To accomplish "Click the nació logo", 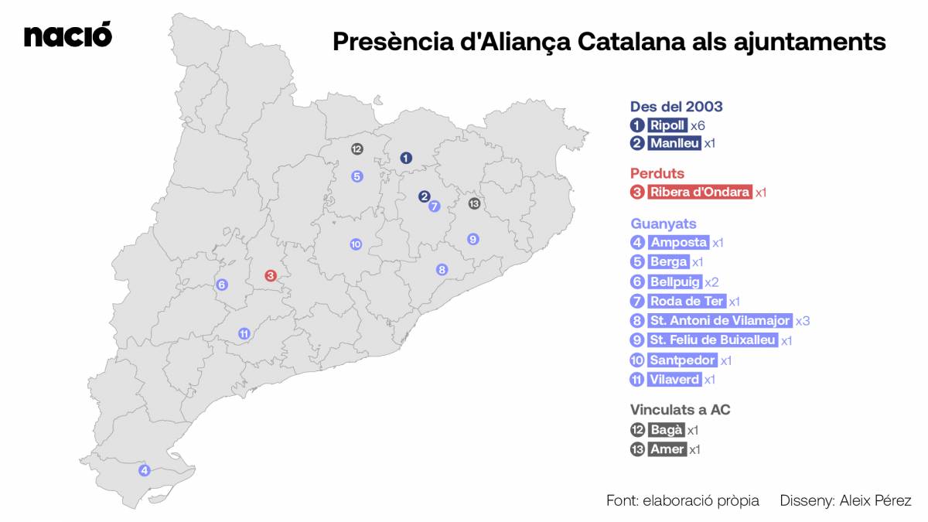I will pyautogui.click(x=68, y=36).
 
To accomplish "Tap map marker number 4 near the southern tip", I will pyautogui.click(x=145, y=470).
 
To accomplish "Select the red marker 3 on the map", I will pyautogui.click(x=271, y=276).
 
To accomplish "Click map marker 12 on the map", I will pyautogui.click(x=357, y=149).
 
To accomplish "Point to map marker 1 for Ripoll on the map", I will pyautogui.click(x=406, y=158).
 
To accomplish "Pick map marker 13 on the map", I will pyautogui.click(x=474, y=203).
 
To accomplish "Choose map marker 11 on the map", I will pyautogui.click(x=244, y=334).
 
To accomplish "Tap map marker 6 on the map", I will pyautogui.click(x=222, y=285).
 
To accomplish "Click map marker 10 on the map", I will pyautogui.click(x=356, y=244).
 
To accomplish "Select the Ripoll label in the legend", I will pyautogui.click(x=667, y=125).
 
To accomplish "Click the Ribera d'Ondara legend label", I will pyautogui.click(x=700, y=193).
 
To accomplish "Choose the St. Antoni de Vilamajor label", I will pyautogui.click(x=720, y=321).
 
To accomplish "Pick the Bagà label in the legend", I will pyautogui.click(x=666, y=430).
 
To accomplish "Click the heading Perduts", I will pyautogui.click(x=657, y=173).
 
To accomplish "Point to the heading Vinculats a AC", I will pyautogui.click(x=680, y=410).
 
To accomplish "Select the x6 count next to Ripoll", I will pyautogui.click(x=698, y=125).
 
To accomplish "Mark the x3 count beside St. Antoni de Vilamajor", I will pyautogui.click(x=803, y=321).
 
